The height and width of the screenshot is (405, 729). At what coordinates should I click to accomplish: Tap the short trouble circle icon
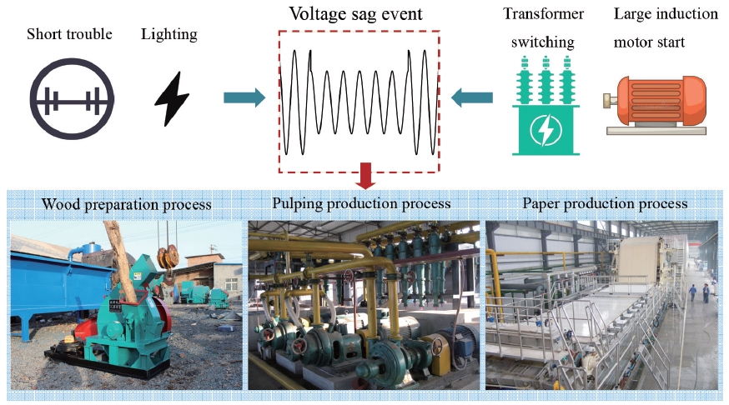click(x=72, y=99)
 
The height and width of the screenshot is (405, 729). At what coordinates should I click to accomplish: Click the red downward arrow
click(x=364, y=175)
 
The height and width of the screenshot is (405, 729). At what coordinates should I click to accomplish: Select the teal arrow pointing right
click(x=244, y=98)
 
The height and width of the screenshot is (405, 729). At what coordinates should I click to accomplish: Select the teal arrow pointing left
click(x=471, y=99)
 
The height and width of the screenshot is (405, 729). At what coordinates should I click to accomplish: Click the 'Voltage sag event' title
click(x=356, y=14)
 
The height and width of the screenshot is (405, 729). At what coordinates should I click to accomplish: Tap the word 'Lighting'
click(x=169, y=34)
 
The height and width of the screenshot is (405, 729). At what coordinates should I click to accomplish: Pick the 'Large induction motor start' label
click(x=666, y=27)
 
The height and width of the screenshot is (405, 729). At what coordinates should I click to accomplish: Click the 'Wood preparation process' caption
click(x=127, y=204)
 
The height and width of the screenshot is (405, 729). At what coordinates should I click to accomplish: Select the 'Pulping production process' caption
click(x=361, y=203)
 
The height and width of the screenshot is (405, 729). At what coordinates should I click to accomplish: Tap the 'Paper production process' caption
click(x=604, y=203)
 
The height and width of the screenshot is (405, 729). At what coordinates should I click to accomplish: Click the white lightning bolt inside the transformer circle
click(x=545, y=131)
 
